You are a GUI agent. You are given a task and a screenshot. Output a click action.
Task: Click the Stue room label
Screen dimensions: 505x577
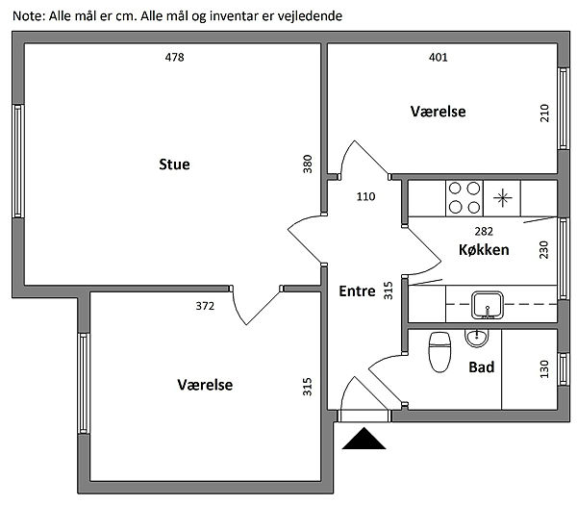coord(174,164)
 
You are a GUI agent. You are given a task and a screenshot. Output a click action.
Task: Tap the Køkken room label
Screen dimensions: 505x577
coord(484,250)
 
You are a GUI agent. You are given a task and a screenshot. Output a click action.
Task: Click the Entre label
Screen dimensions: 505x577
coord(356,291)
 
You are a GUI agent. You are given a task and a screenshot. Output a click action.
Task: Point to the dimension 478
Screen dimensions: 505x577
coord(174,58)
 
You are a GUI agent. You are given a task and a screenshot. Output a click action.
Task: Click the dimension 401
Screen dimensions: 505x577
coord(438,58)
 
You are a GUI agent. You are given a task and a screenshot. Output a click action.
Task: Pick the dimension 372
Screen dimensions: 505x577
coord(204,307)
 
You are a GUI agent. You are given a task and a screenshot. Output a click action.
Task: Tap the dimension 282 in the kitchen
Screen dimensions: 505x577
coord(486,231)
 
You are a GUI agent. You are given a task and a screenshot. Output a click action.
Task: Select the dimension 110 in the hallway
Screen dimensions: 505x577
coord(365,197)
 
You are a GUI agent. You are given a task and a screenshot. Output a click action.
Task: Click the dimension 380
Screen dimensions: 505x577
coord(308,164)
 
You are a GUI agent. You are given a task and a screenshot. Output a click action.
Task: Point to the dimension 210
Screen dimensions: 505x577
coord(544,113)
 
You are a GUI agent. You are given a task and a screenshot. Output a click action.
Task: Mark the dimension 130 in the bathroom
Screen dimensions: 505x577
coord(544,368)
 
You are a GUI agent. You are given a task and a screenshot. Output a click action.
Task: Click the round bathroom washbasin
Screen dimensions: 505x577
coord(475,338)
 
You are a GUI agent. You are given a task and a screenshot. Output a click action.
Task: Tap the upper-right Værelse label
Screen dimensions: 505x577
coord(438,113)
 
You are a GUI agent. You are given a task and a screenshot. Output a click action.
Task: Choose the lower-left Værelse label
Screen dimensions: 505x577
coord(205,385)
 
